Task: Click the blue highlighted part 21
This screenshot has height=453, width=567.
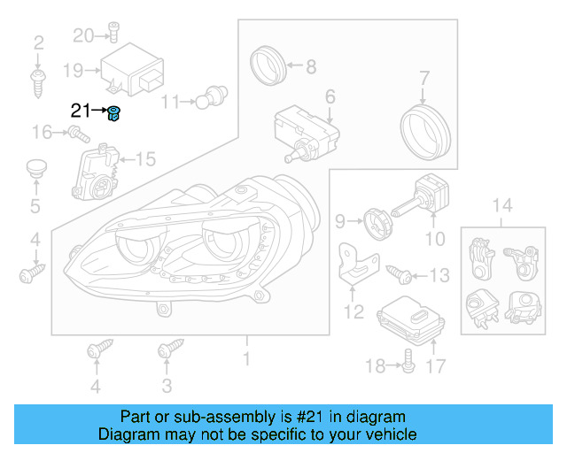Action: [x=114, y=113]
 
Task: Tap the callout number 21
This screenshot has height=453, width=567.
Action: [x=81, y=111]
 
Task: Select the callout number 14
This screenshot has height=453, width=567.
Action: [x=502, y=206]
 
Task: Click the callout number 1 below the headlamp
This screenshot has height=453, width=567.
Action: [x=247, y=359]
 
